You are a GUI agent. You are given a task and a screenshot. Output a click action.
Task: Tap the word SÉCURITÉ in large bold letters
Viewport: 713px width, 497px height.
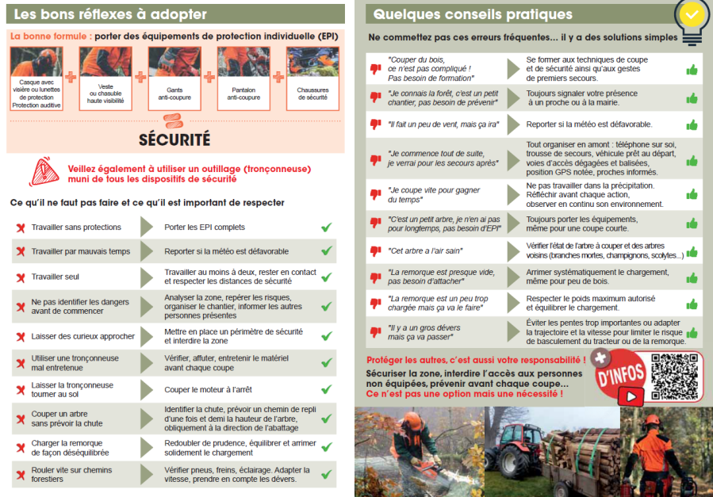tap(174, 140)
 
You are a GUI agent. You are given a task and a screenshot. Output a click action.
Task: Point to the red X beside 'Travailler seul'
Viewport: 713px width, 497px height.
tap(21, 277)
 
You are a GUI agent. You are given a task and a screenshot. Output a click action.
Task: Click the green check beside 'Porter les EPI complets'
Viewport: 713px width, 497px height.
tap(326, 227)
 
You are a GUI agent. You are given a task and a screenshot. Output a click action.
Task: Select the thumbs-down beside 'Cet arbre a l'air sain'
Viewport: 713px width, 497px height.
tap(376, 251)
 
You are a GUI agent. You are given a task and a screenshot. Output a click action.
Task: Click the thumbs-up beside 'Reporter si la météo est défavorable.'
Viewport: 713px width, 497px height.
tap(692, 125)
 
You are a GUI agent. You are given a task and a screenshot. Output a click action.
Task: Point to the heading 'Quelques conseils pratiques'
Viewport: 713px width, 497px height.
tap(472, 13)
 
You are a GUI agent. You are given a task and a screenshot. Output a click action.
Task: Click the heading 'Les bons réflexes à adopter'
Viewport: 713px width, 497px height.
tap(111, 13)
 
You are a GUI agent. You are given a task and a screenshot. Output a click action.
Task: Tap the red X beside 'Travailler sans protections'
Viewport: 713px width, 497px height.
tap(21, 228)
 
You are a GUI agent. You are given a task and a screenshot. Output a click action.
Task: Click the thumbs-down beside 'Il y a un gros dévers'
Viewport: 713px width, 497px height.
tap(376, 331)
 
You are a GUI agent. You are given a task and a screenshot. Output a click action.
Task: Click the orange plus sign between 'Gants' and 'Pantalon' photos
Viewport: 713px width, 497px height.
tap(209, 77)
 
